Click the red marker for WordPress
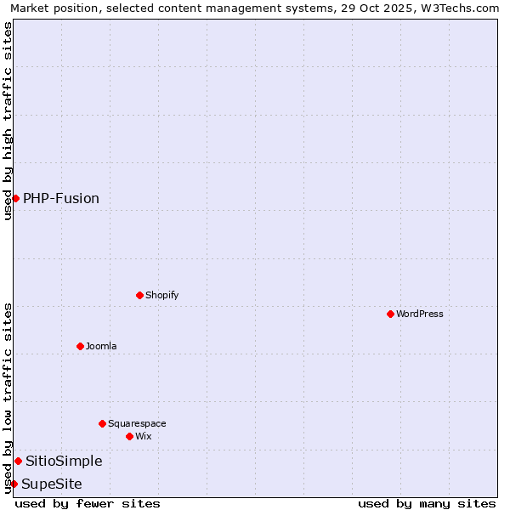click(x=390, y=314)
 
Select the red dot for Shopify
click(x=139, y=295)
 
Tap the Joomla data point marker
click(x=80, y=346)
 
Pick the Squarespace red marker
click(x=102, y=423)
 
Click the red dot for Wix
click(x=129, y=436)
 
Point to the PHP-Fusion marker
click(x=15, y=198)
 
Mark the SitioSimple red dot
click(x=18, y=461)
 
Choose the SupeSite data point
click(x=14, y=484)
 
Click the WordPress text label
click(x=420, y=314)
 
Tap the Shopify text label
click(x=162, y=295)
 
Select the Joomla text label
click(x=101, y=346)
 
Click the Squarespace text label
click(x=137, y=423)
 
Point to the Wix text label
click(x=144, y=436)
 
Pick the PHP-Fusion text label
click(x=61, y=198)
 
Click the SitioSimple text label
click(x=64, y=461)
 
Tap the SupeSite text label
click(x=52, y=484)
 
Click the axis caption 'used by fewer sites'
click(x=88, y=503)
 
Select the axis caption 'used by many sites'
click(x=427, y=503)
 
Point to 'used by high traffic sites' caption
click(x=8, y=122)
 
